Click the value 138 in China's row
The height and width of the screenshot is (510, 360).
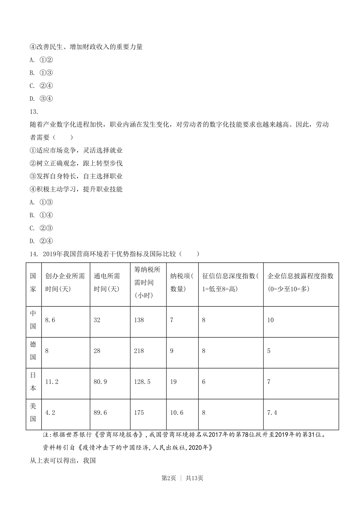139,320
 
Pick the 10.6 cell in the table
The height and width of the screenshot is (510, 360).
177,413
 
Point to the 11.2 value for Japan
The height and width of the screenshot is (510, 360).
52,382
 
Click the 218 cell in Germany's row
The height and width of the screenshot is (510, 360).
139,351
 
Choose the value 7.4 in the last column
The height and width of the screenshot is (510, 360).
272,413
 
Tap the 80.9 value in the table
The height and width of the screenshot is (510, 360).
100,382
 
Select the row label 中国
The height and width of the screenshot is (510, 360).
33,320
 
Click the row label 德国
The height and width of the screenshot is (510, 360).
33,351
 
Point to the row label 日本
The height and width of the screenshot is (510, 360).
33,382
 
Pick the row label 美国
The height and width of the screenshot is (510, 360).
33,413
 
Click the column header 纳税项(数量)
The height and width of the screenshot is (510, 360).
182,282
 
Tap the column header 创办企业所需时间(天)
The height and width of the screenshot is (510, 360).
65,282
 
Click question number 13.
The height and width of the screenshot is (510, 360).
34,111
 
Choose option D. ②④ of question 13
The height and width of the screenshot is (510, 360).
41,241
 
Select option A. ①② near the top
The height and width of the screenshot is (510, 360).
41,60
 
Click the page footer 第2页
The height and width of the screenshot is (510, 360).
169,478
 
